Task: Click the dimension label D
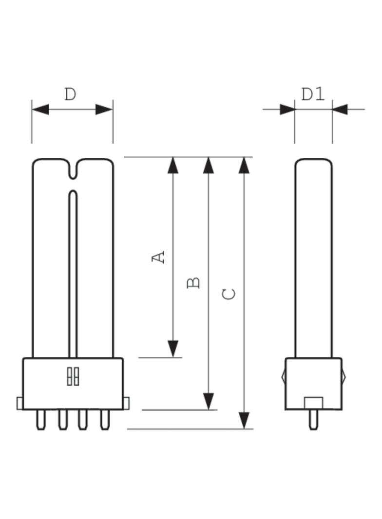tap(70, 94)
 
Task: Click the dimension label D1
tap(313, 94)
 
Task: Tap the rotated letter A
tap(158, 257)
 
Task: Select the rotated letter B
tap(193, 283)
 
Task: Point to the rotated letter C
tap(229, 294)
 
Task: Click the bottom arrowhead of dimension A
tap(173, 349)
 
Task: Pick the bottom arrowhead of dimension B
tap(209, 401)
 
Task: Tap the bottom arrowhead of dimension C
tap(244, 420)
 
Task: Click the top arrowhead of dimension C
tap(244, 165)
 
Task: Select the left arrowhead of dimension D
tap(40, 109)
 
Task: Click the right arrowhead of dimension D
tap(104, 109)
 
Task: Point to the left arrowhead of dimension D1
tap(287, 109)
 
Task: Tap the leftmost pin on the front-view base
tap(41, 420)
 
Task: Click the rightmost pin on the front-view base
tap(105, 420)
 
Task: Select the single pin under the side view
tap(313, 420)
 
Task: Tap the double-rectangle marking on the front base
tap(73, 376)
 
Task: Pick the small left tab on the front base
tap(20, 403)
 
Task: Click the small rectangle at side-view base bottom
tap(313, 403)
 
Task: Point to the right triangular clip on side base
tap(344, 376)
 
